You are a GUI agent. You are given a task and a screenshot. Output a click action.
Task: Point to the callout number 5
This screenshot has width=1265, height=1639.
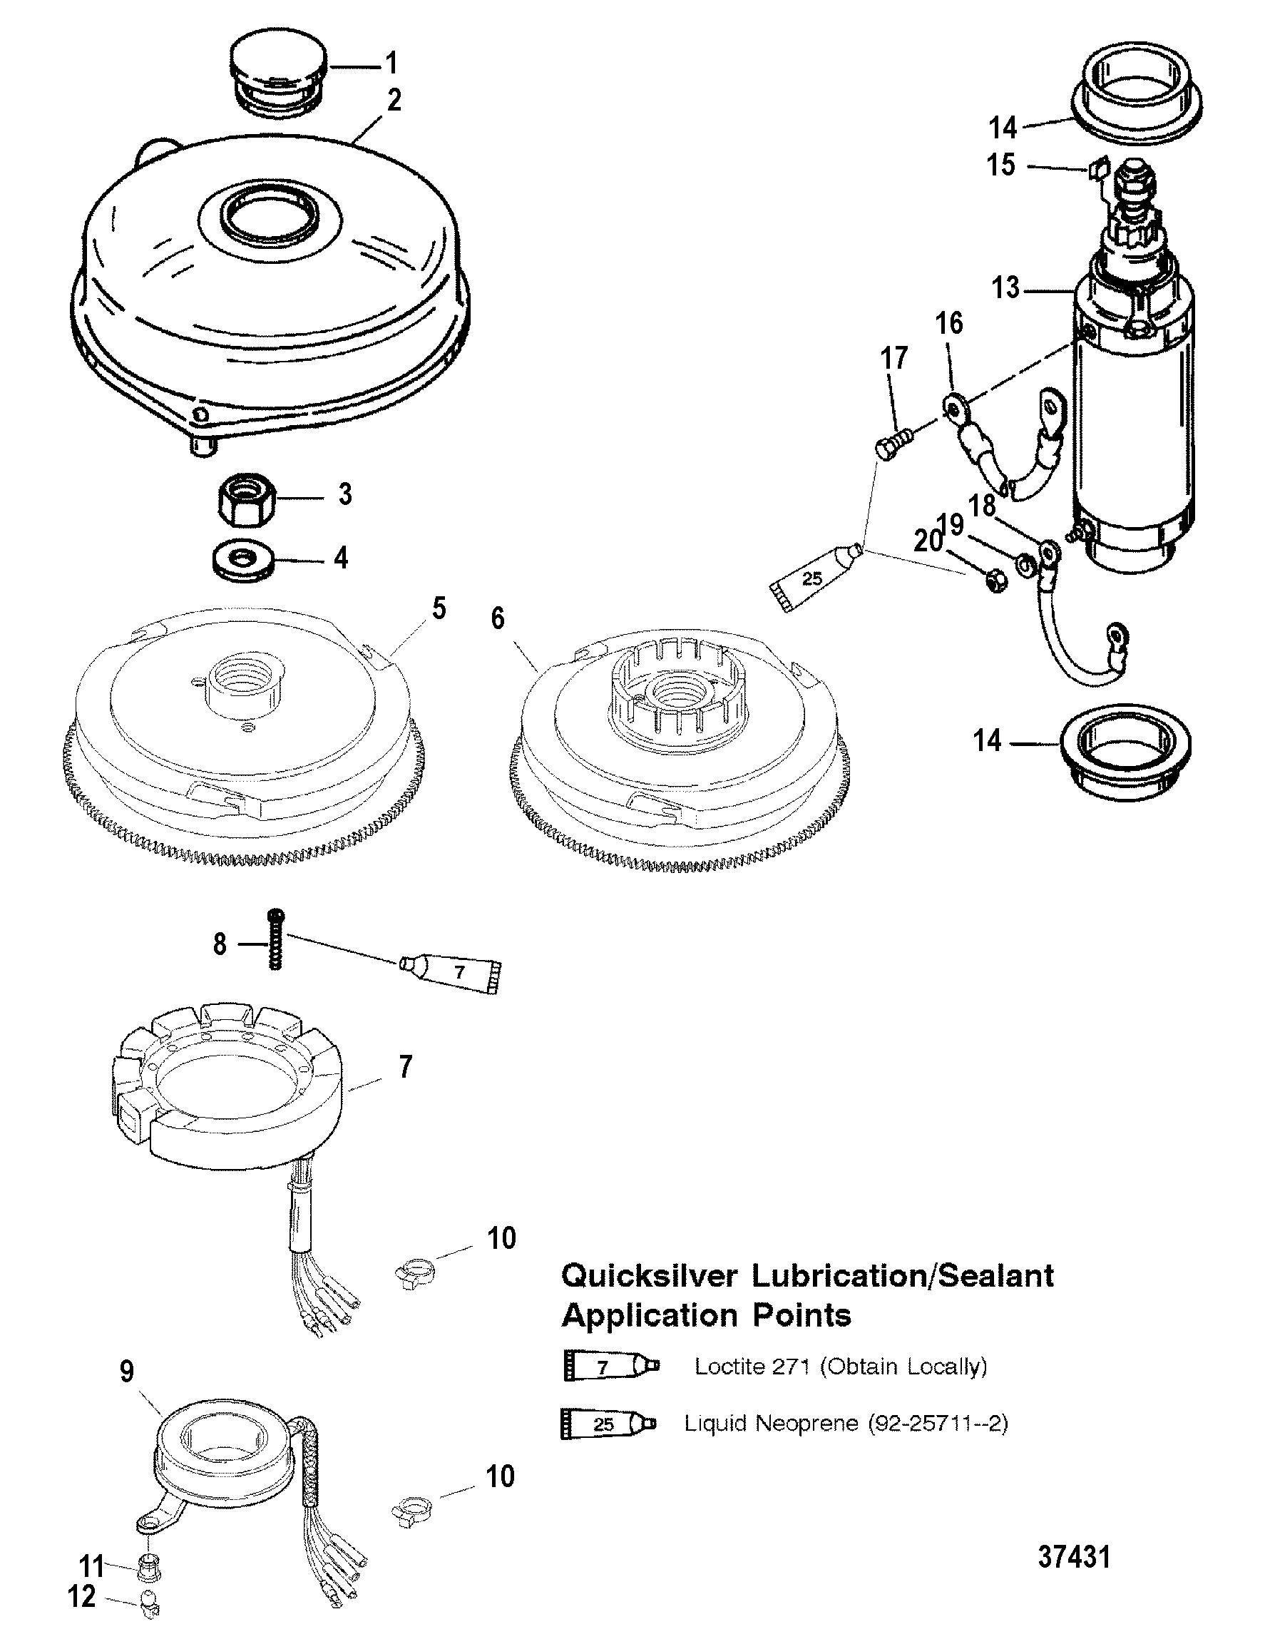[x=438, y=608]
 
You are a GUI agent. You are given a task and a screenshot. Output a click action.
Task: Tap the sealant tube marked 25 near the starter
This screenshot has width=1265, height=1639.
[x=814, y=579]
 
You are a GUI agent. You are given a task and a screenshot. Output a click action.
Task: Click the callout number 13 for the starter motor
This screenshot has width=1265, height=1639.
[x=1005, y=288]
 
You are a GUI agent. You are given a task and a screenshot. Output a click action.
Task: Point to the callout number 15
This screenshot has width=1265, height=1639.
[x=1001, y=165]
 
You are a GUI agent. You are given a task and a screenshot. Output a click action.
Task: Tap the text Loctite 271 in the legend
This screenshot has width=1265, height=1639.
[x=751, y=1366]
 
